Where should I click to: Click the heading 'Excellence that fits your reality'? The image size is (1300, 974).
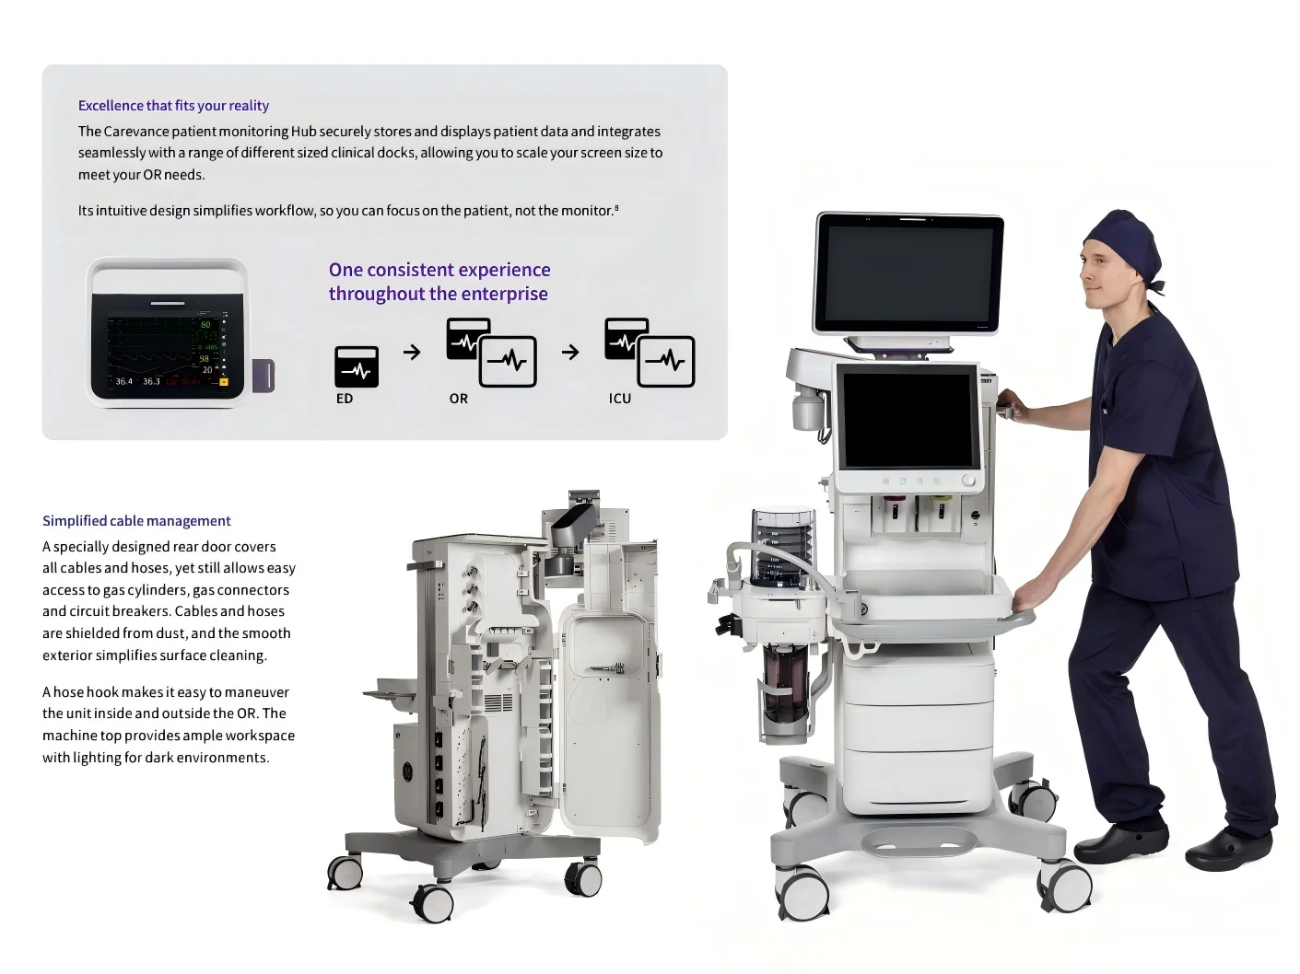click(173, 105)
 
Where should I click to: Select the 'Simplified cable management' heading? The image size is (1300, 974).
click(136, 521)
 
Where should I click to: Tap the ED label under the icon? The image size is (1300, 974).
click(344, 399)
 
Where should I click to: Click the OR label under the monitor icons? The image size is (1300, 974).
click(459, 399)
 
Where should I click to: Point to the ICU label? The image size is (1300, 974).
click(619, 399)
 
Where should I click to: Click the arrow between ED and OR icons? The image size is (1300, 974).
click(412, 352)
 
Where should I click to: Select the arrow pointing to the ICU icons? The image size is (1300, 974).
click(570, 352)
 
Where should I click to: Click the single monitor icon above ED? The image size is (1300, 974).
click(357, 367)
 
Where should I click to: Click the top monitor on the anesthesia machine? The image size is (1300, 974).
click(908, 274)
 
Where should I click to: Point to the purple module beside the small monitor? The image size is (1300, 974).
click(264, 376)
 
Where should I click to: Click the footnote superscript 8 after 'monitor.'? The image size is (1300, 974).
click(616, 207)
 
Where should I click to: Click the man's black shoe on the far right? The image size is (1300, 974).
click(1228, 850)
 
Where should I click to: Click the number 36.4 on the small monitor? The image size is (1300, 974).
click(123, 382)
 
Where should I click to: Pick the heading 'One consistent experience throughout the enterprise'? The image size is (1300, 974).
click(439, 282)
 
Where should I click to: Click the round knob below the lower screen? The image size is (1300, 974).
click(967, 481)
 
